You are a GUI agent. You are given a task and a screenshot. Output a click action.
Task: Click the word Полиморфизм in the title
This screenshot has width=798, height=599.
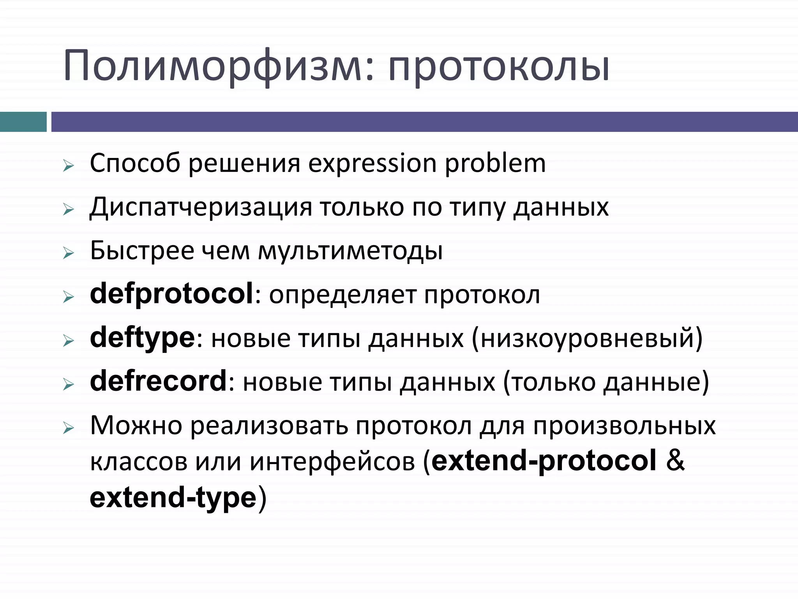coord(218,66)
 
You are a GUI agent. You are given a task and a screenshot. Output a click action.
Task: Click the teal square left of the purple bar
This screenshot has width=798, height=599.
coord(23,122)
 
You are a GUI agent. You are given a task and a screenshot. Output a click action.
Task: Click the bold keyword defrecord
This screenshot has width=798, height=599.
coord(158,381)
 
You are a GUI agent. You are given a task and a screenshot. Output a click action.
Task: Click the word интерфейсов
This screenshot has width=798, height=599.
coord(332,462)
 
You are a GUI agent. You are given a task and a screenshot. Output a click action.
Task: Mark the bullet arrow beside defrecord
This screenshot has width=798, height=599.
coord(68,385)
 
